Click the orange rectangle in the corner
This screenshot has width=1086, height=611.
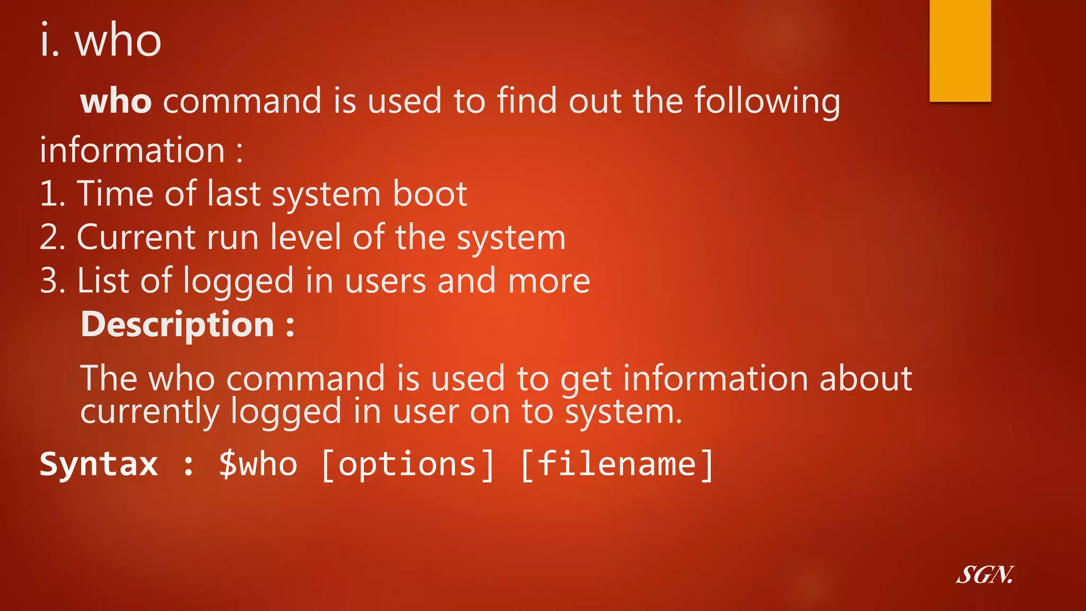pos(960,50)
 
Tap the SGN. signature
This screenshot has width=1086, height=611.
pos(985,575)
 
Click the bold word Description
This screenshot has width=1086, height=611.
pos(177,324)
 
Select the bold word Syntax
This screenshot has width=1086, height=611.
pos(99,464)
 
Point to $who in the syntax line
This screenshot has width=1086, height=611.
pos(258,464)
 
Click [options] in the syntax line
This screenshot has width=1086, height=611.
pos(407,464)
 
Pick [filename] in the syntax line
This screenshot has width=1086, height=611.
pos(617,464)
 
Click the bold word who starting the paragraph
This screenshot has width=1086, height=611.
pos(116,101)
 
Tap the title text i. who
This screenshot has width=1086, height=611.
pos(101,40)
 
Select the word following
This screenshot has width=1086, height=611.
pos(767,101)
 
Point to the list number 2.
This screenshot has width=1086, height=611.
pos(52,237)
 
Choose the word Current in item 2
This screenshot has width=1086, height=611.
pos(136,237)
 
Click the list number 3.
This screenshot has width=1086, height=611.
pos(52,281)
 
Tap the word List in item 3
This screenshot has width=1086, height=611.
pos(103,281)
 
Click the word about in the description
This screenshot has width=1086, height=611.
pos(865,378)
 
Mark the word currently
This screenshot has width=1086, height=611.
pos(150,412)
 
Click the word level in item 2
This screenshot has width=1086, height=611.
pos(305,237)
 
